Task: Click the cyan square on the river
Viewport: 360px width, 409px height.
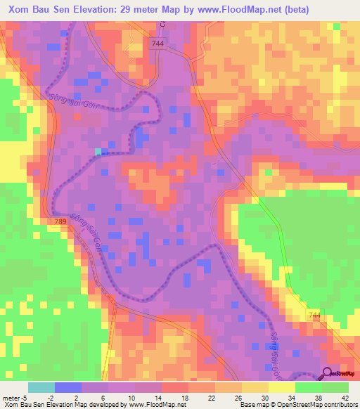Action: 98,151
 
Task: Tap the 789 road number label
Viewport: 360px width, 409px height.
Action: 61,221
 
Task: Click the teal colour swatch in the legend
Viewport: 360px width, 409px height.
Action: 41,387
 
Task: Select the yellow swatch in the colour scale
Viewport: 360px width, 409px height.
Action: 281,387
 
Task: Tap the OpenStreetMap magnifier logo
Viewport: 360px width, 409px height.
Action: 326,372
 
